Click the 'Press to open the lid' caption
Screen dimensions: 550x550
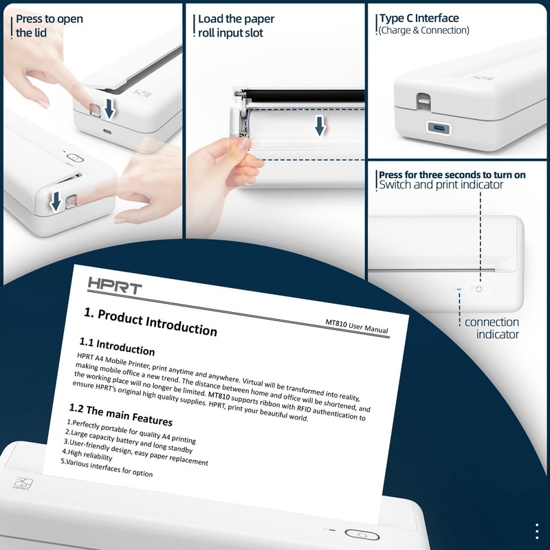click(x=49, y=25)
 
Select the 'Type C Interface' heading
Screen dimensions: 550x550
click(x=419, y=19)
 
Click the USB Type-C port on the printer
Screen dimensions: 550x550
click(x=437, y=127)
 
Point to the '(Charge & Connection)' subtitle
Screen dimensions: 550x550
click(x=423, y=31)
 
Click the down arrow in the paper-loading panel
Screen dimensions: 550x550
click(x=319, y=126)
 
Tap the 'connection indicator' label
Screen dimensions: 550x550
click(x=492, y=328)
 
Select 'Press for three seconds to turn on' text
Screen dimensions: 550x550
click(x=452, y=175)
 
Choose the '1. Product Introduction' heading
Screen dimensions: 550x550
click(x=151, y=321)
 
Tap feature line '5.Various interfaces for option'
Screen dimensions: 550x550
click(x=107, y=467)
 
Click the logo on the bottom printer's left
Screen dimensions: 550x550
click(x=23, y=483)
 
